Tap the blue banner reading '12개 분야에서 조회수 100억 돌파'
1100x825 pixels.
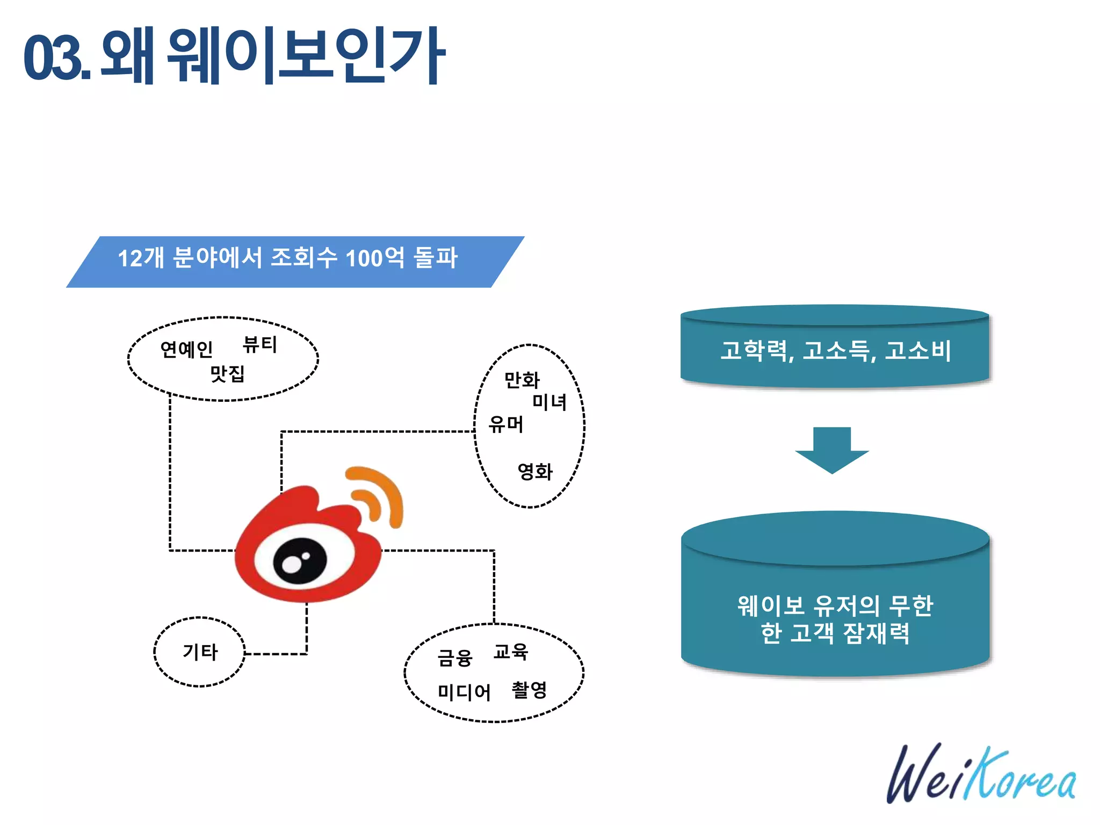[x=288, y=258]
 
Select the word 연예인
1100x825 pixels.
[x=186, y=350]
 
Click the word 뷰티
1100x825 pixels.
[x=260, y=344]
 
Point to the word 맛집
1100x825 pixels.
[x=227, y=373]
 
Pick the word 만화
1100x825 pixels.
[x=522, y=380]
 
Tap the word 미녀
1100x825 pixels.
[x=549, y=402]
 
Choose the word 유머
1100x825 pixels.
[x=505, y=424]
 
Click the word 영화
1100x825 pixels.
[x=535, y=472]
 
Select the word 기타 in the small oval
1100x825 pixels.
[x=200, y=652]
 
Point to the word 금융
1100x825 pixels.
[x=454, y=658]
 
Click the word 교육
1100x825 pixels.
[x=511, y=652]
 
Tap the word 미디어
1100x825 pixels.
[x=464, y=692]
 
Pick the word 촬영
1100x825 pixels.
[x=529, y=690]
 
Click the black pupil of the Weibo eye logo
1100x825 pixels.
[x=300, y=561]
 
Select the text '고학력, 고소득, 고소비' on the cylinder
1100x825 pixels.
[x=835, y=351]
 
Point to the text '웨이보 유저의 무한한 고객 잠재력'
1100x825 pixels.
[x=835, y=619]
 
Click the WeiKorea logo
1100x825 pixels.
[x=981, y=775]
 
